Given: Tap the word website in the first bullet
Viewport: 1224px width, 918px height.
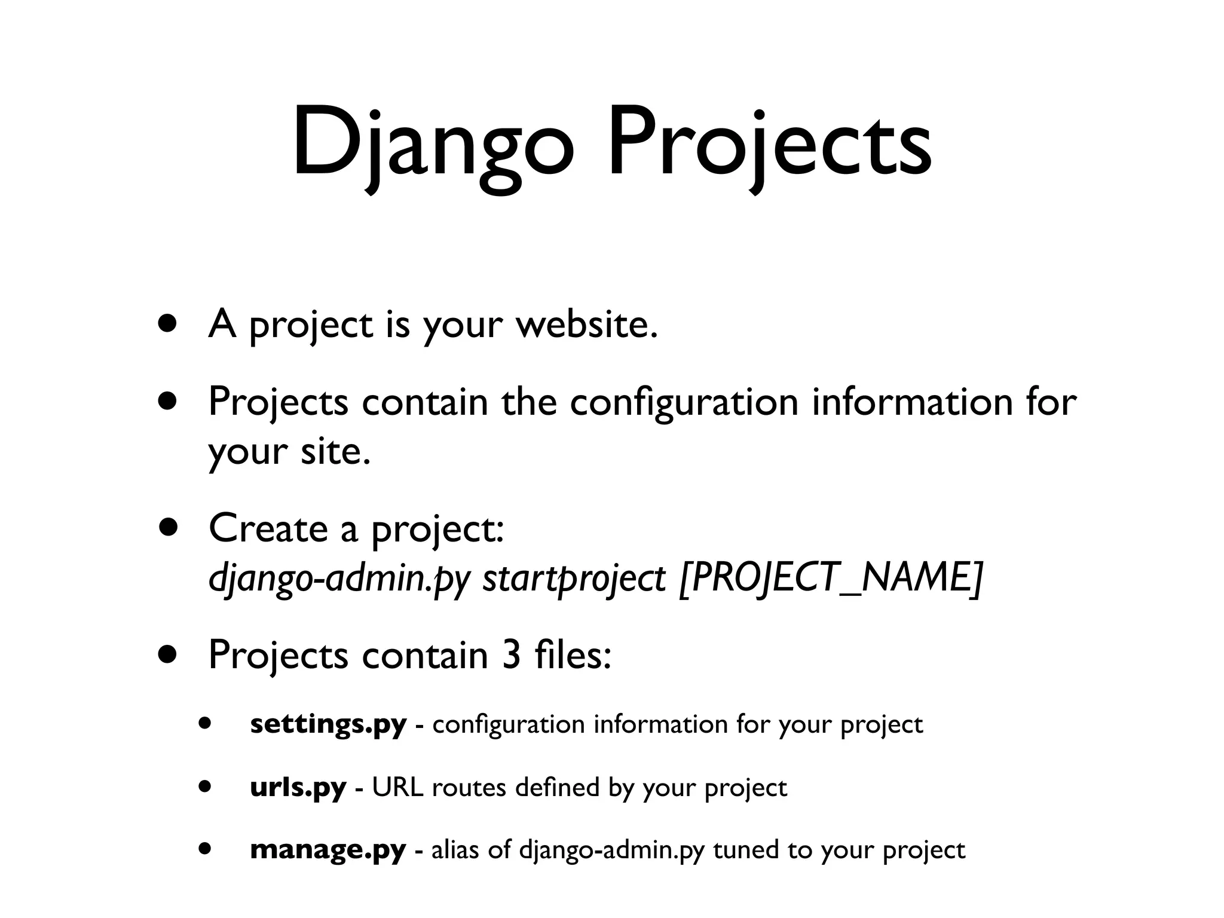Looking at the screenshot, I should pos(586,326).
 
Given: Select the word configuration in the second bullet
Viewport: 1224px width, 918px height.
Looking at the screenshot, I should pos(684,402).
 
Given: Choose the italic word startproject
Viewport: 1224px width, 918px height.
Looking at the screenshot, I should pos(574,579).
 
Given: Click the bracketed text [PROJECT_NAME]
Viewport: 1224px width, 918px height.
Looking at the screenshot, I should pos(831,579).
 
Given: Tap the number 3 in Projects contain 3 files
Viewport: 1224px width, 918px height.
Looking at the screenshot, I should pos(512,656).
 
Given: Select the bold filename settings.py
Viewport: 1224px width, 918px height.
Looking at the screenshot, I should pos(328,724).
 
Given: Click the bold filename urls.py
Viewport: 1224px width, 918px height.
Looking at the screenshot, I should pos(298,788).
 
